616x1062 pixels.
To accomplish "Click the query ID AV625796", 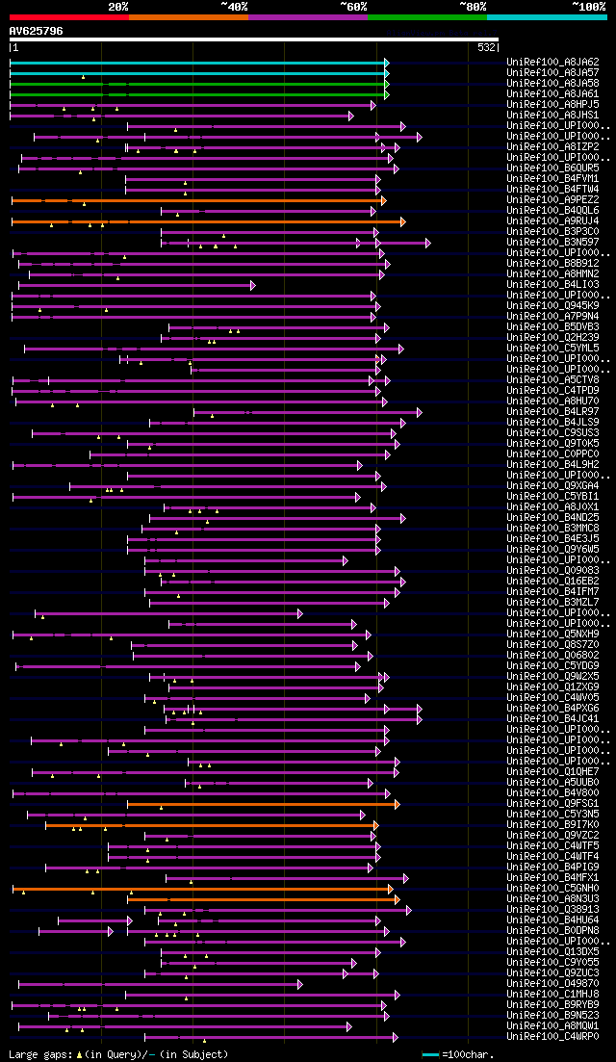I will tap(37, 31).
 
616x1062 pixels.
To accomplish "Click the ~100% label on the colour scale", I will tap(588, 7).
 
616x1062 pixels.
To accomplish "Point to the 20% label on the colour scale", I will tap(117, 7).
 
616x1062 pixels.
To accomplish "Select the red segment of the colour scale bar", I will tap(68, 16).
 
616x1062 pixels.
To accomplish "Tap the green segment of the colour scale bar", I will tap(426, 16).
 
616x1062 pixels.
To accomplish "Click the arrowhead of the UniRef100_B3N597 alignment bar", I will tap(427, 243).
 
